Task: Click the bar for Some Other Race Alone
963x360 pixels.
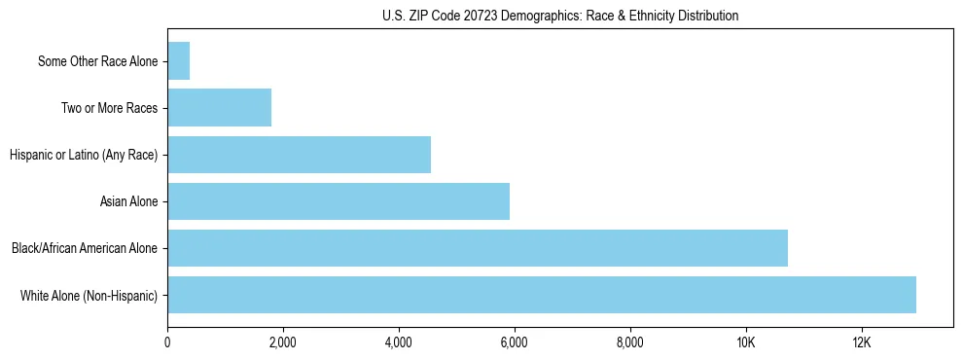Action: pyautogui.click(x=179, y=61)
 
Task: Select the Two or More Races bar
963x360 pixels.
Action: pyautogui.click(x=220, y=108)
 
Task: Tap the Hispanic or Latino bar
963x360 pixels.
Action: pyautogui.click(x=300, y=155)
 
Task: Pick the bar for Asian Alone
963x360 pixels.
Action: pyautogui.click(x=339, y=201)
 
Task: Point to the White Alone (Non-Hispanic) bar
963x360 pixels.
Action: pyautogui.click(x=542, y=295)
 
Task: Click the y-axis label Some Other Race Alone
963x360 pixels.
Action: pyautogui.click(x=98, y=61)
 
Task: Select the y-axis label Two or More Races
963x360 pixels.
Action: pyautogui.click(x=110, y=108)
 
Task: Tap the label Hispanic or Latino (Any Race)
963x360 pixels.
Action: pyautogui.click(x=84, y=155)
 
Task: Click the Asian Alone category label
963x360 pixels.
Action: pyautogui.click(x=129, y=201)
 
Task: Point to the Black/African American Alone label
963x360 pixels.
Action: pyautogui.click(x=85, y=248)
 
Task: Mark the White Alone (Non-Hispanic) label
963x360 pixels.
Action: pyautogui.click(x=89, y=295)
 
